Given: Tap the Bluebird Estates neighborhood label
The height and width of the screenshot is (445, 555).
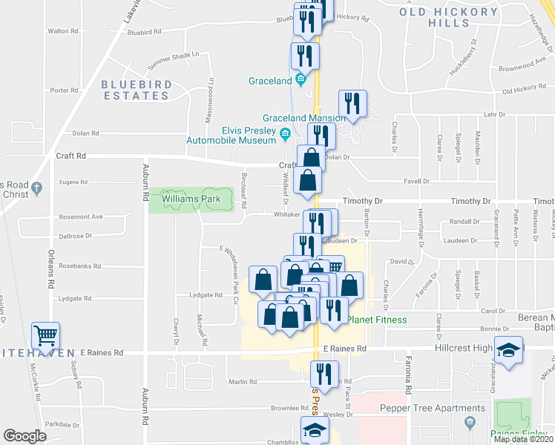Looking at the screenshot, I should [136, 90].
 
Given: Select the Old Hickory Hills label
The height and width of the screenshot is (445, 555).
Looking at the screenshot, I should [459, 18].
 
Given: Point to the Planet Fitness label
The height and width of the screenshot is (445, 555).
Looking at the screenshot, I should [377, 320].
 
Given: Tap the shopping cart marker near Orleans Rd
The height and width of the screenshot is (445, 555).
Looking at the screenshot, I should [45, 334].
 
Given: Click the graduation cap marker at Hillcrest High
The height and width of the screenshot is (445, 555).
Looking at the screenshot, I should [508, 349].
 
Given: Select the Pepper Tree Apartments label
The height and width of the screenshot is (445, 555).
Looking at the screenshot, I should [421, 408].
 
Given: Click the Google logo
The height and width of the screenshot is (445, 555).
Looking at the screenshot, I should [24, 436].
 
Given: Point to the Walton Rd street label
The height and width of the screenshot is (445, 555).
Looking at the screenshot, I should [63, 31].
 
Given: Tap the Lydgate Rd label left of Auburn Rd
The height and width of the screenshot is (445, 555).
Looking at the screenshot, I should [76, 298].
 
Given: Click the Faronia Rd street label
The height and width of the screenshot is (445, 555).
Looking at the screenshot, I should [408, 378].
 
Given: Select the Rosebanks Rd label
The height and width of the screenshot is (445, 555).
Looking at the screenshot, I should [77, 266].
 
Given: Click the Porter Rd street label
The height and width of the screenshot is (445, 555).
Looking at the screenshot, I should [65, 90].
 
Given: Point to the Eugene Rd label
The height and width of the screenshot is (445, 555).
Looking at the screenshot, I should [72, 182].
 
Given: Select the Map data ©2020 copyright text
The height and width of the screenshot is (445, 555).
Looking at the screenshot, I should [523, 439].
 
